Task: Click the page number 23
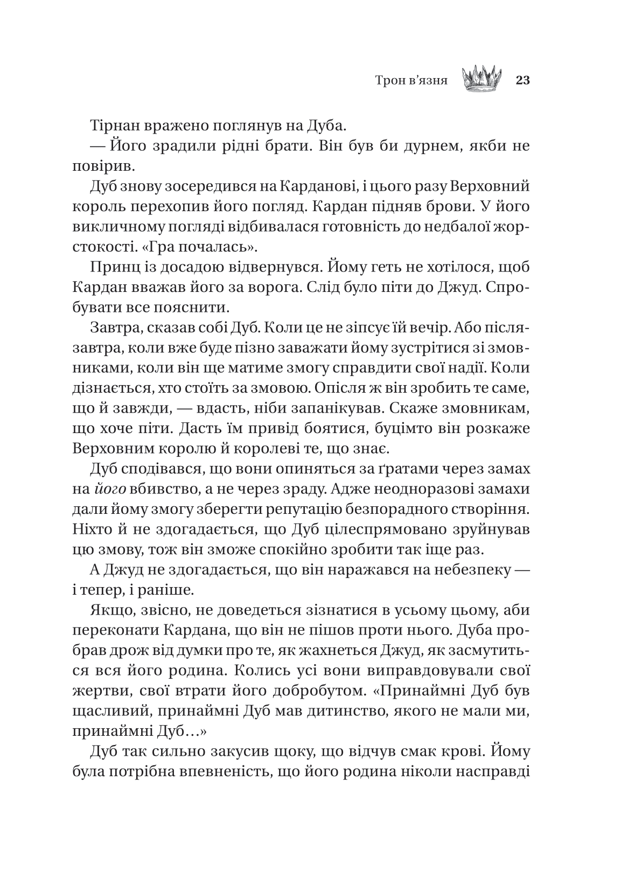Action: coord(523,80)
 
